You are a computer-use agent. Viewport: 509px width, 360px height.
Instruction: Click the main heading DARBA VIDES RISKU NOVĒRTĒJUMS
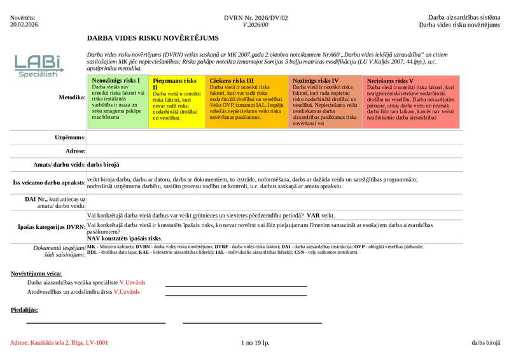tap(153, 38)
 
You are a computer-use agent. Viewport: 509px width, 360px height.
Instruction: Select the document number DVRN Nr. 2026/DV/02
tap(256, 18)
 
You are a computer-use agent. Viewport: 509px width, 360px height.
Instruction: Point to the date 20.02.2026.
tap(25, 25)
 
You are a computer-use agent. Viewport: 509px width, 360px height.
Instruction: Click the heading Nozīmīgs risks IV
tap(316, 81)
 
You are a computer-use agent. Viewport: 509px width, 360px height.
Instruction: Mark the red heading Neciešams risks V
tap(390, 81)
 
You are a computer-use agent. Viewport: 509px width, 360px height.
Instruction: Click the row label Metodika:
tap(72, 97)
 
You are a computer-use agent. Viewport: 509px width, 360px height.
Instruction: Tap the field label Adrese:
tap(75, 151)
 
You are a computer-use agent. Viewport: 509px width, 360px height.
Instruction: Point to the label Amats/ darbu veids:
tap(59, 165)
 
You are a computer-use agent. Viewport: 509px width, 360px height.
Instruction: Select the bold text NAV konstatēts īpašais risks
tap(124, 238)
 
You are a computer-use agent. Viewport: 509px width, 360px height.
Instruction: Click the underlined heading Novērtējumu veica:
tap(36, 273)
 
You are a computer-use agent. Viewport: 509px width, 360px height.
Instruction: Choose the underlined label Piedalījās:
tap(25, 310)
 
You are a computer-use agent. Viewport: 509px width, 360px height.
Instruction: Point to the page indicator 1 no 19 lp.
tap(256, 343)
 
